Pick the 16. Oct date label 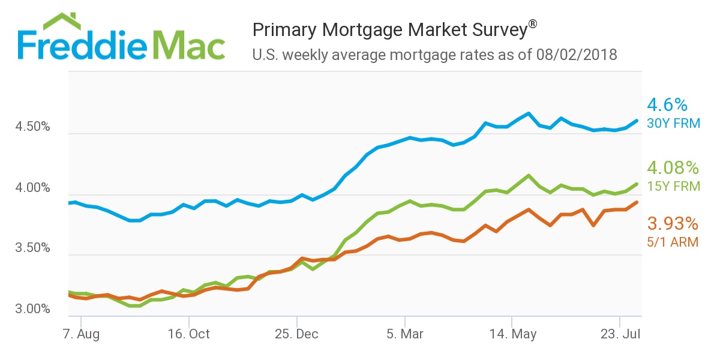coord(190,334)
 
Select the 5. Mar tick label coord(405,334)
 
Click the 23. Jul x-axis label coord(619,334)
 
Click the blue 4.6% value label coord(667,106)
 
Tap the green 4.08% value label coord(673,167)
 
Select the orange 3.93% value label coord(673,224)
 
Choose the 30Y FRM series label coord(673,124)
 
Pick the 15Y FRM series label coord(673,186)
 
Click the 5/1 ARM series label coord(673,242)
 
